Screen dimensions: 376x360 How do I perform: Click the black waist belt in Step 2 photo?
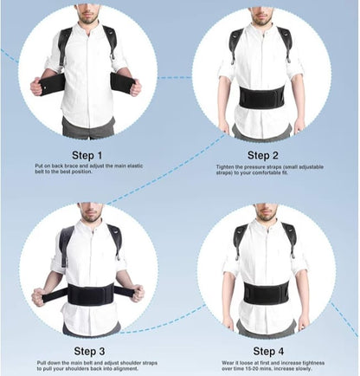pyautogui.click(x=260, y=96)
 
